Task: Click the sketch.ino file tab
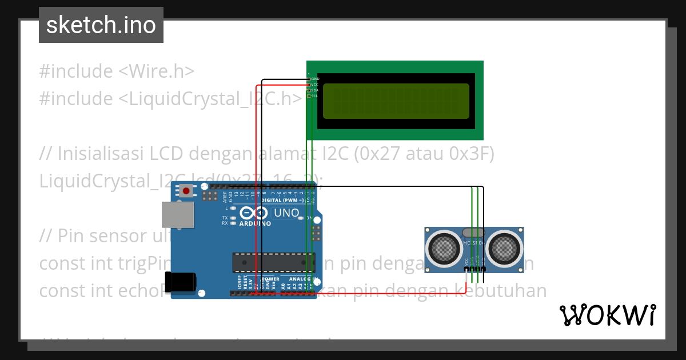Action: (x=101, y=25)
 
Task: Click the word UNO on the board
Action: (x=286, y=213)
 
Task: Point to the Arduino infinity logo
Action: (x=255, y=213)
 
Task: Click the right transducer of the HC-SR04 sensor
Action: (x=505, y=247)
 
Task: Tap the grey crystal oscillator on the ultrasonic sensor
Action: (x=473, y=233)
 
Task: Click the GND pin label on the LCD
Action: (x=315, y=78)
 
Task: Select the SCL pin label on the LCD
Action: (x=314, y=96)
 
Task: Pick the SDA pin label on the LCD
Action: (x=314, y=90)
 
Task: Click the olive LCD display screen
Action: (x=396, y=101)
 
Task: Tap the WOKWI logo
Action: (x=608, y=315)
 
